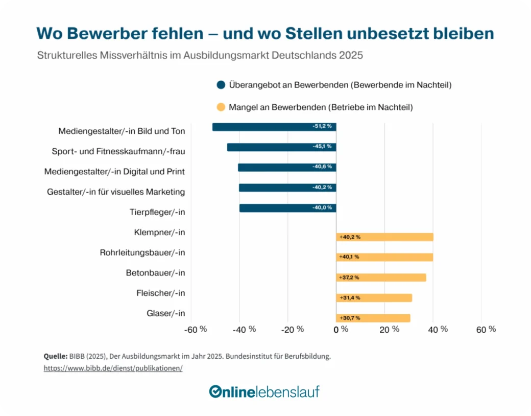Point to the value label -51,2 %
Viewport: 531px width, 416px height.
click(x=322, y=126)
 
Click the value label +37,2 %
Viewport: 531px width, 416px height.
click(x=349, y=278)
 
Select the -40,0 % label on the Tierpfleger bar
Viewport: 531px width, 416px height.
click(x=322, y=207)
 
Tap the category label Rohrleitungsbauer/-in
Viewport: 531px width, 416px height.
click(x=142, y=252)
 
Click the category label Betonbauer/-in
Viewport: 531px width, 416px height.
click(x=155, y=273)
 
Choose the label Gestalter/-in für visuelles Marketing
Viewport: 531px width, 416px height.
click(x=116, y=192)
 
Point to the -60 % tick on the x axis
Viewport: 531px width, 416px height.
click(x=196, y=329)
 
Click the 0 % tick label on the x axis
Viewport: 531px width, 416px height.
click(x=341, y=329)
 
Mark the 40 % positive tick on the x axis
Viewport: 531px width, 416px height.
click(x=438, y=329)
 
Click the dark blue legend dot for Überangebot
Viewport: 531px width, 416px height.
click(x=221, y=85)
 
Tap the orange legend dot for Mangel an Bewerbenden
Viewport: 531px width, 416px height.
click(x=221, y=107)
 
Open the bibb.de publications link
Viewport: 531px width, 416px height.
click(x=113, y=368)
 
